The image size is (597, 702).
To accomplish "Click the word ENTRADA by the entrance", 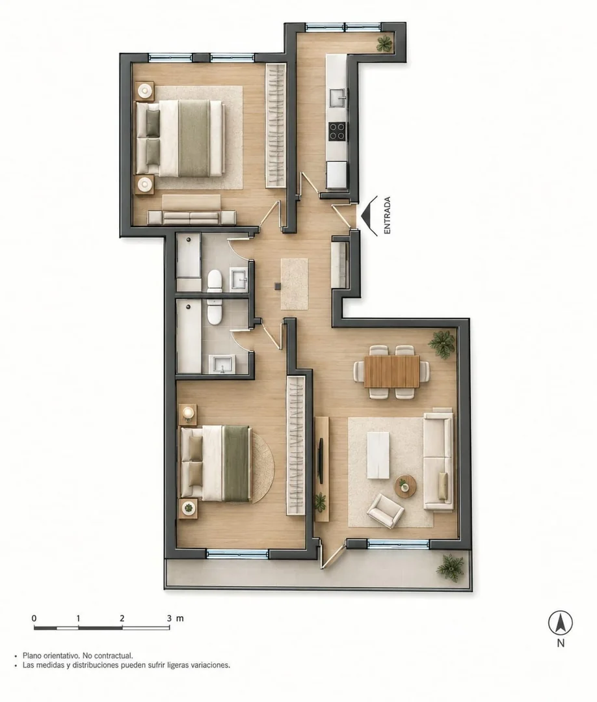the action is pyautogui.click(x=387, y=215).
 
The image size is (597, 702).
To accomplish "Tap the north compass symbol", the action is pyautogui.click(x=561, y=623).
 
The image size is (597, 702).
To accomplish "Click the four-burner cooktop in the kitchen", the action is pyautogui.click(x=338, y=131).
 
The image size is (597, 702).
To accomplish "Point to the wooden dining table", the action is pyautogui.click(x=391, y=371).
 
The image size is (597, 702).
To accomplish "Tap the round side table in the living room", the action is pyautogui.click(x=405, y=486).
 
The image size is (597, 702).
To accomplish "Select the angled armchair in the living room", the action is pyautogui.click(x=385, y=510).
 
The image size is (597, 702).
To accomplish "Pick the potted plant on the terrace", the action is pyautogui.click(x=450, y=567).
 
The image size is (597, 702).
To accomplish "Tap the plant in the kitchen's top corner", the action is pyautogui.click(x=384, y=44).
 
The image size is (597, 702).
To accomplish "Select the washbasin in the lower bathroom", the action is pyautogui.click(x=222, y=364).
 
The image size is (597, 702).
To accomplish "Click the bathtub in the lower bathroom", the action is pyautogui.click(x=189, y=336).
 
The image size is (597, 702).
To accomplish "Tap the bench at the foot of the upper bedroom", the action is pyautogui.click(x=192, y=217).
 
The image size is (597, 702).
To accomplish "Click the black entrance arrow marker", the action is pyautogui.click(x=369, y=215).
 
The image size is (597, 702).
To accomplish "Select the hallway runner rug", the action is pyautogui.click(x=294, y=284).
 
